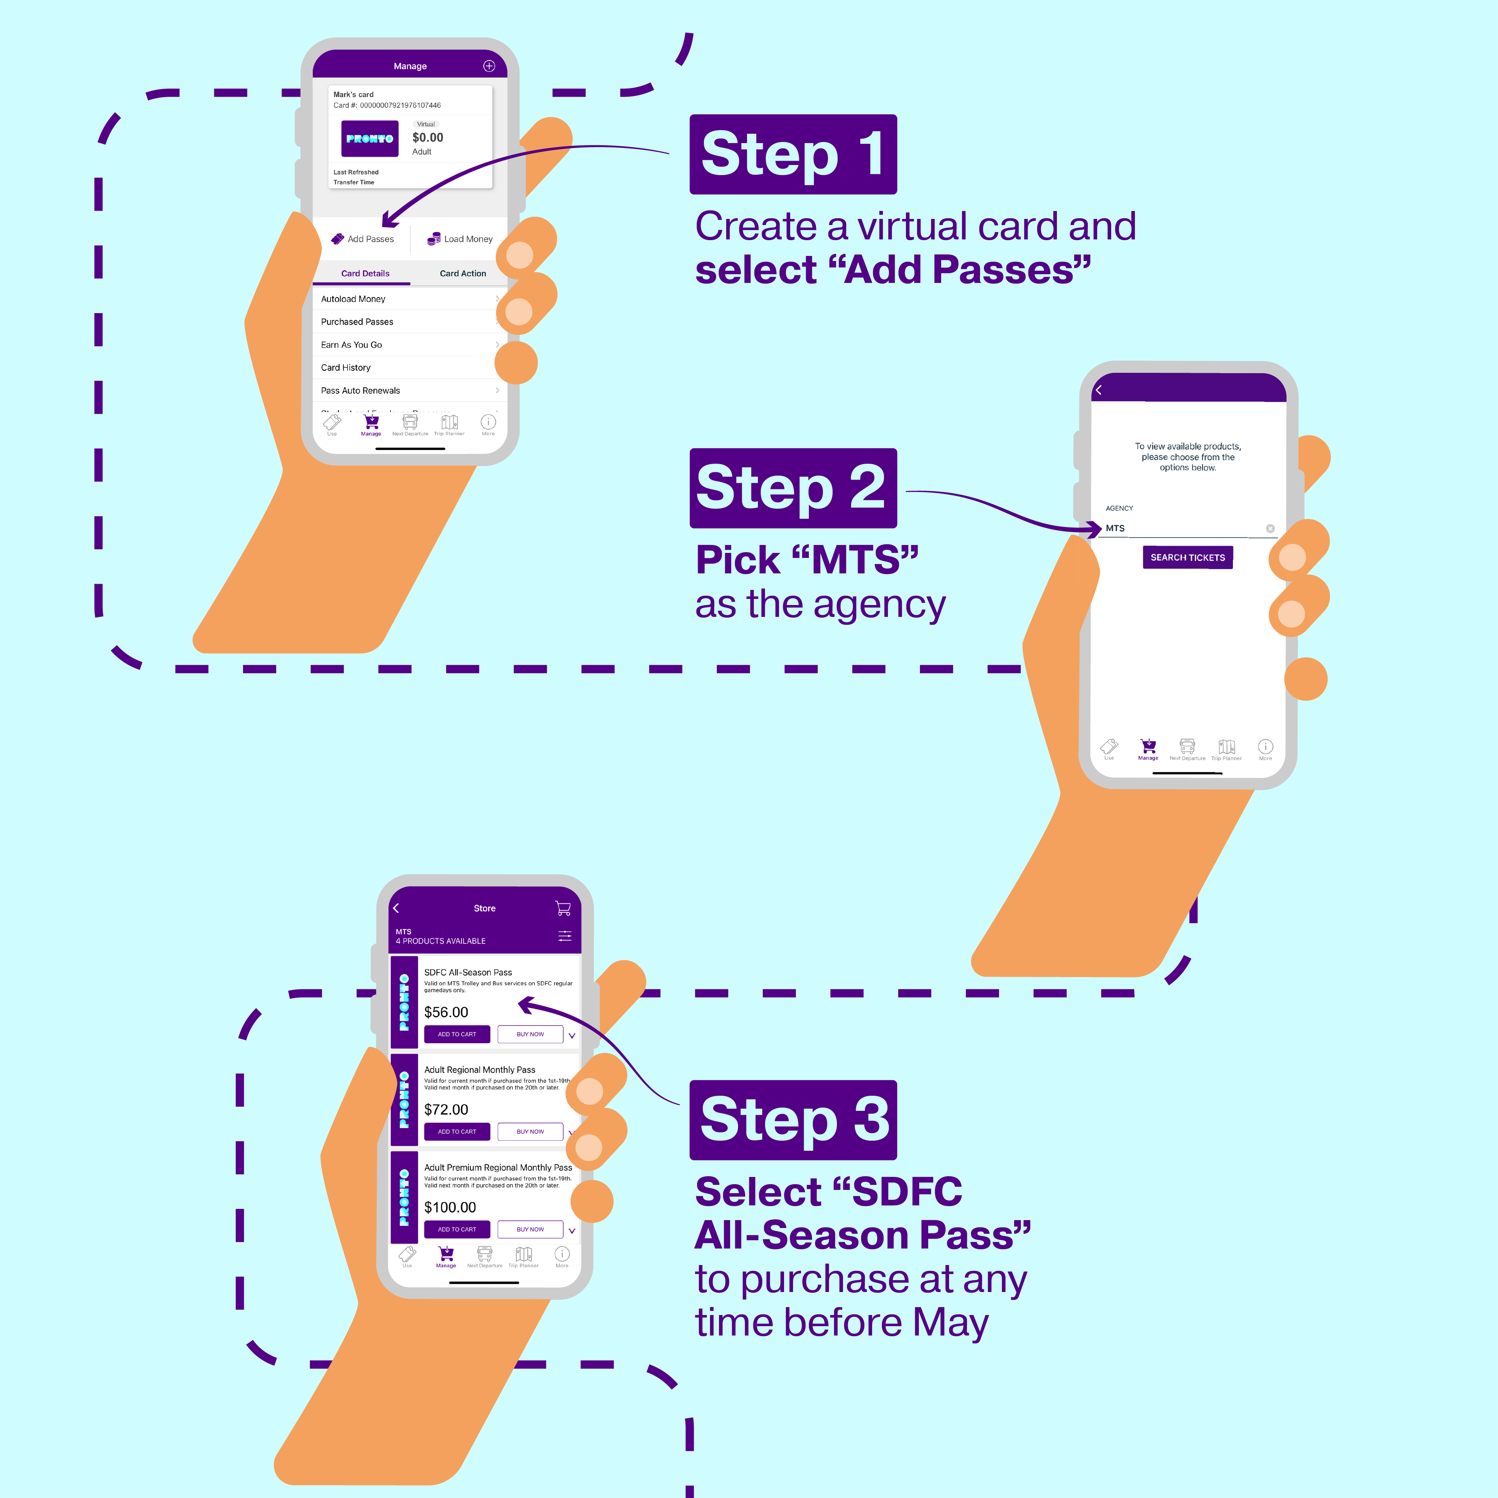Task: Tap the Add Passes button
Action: [363, 239]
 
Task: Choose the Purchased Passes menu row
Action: [357, 322]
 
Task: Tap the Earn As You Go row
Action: [351, 345]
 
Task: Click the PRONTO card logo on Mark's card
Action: [370, 139]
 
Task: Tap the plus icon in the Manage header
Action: [489, 66]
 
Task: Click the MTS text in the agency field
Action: [1115, 528]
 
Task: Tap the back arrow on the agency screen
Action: [1099, 390]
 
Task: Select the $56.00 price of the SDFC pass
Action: [446, 1012]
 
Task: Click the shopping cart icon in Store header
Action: [563, 908]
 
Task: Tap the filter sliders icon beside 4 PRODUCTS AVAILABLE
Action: [564, 936]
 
